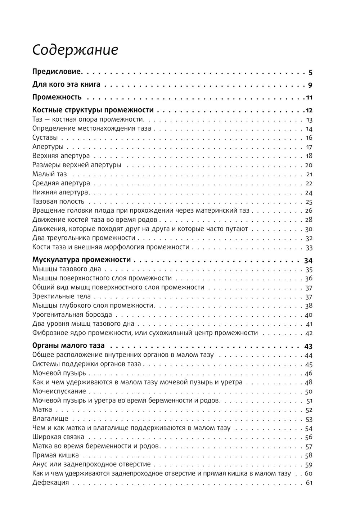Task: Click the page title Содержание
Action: coord(75,50)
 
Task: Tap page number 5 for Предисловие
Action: coord(310,73)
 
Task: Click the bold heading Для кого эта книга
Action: coord(66,85)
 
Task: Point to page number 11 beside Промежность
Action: coord(309,98)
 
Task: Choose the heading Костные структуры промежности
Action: coord(93,110)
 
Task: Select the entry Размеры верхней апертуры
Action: coord(77,165)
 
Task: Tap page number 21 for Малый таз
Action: coord(309,175)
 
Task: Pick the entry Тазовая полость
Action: coord(58,202)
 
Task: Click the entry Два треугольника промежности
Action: coord(84,238)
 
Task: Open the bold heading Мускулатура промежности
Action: coord(81,260)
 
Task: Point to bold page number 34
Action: coord(308,261)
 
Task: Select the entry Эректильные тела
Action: coord(62,297)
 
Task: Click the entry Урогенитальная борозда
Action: coord(72,315)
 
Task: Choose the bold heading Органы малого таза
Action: coord(68,346)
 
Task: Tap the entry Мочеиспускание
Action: coord(59,391)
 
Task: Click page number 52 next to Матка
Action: coord(309,410)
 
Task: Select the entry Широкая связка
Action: coord(58,437)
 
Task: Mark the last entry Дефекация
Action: coord(50,483)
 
